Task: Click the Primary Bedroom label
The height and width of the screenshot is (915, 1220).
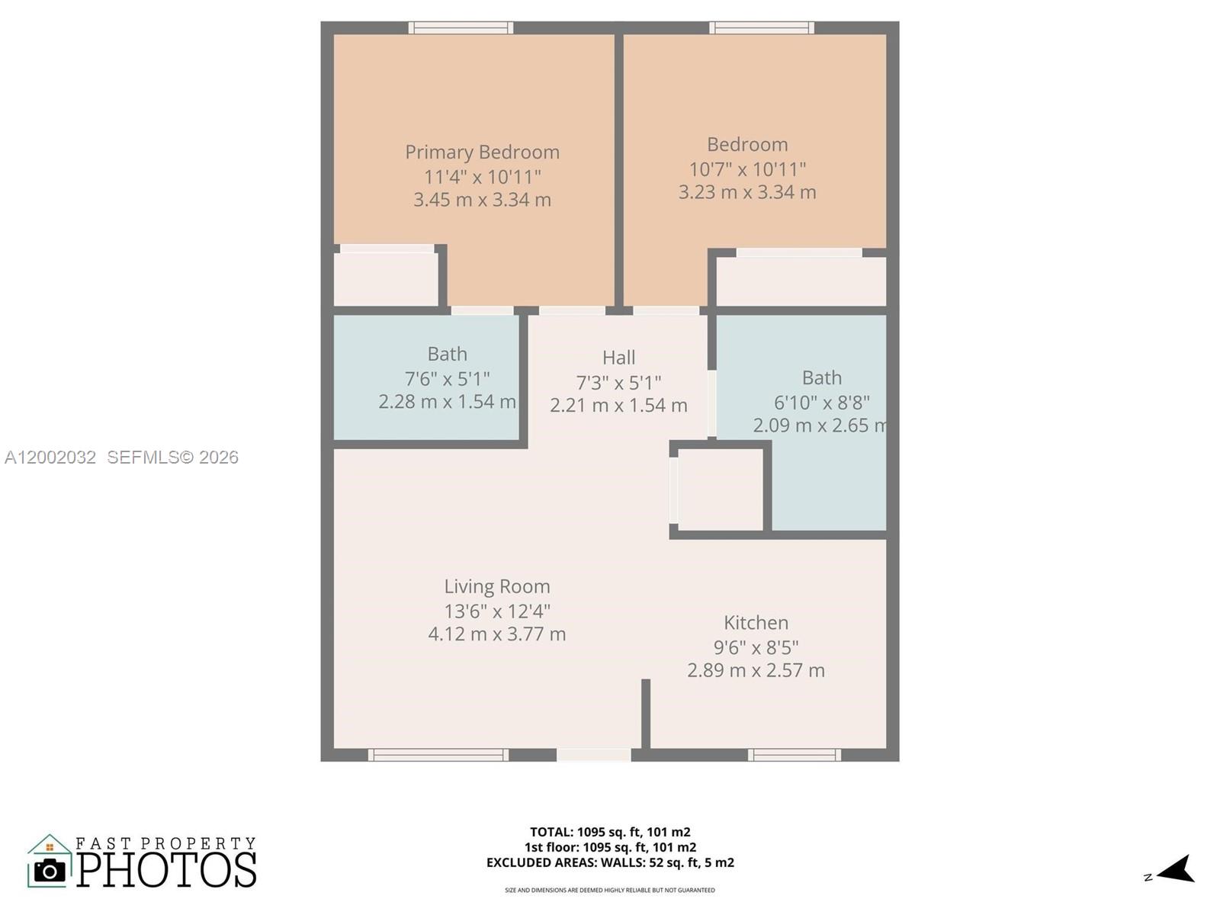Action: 482,152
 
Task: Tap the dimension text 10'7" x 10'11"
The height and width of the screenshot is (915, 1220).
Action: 747,169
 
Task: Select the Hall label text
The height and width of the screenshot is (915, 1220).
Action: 618,358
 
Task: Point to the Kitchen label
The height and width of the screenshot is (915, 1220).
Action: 756,623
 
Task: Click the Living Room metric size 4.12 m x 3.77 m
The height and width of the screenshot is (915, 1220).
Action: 497,634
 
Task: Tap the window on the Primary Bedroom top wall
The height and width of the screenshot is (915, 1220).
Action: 461,28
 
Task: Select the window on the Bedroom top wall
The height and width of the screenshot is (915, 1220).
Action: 762,28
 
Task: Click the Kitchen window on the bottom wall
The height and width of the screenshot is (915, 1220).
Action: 794,755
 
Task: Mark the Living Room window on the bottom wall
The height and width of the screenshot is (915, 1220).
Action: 438,755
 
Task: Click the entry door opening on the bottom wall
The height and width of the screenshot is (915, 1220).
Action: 594,755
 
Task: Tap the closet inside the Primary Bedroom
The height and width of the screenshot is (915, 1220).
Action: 386,279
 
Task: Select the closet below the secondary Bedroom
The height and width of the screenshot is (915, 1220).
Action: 801,281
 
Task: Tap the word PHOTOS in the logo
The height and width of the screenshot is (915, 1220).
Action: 167,870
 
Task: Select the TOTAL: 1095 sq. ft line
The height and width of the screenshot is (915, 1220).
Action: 610,832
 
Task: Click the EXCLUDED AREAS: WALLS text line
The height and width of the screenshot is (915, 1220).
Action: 610,862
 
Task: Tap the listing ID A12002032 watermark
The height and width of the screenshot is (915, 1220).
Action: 50,457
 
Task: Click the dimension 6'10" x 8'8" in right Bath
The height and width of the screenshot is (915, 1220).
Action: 821,403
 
